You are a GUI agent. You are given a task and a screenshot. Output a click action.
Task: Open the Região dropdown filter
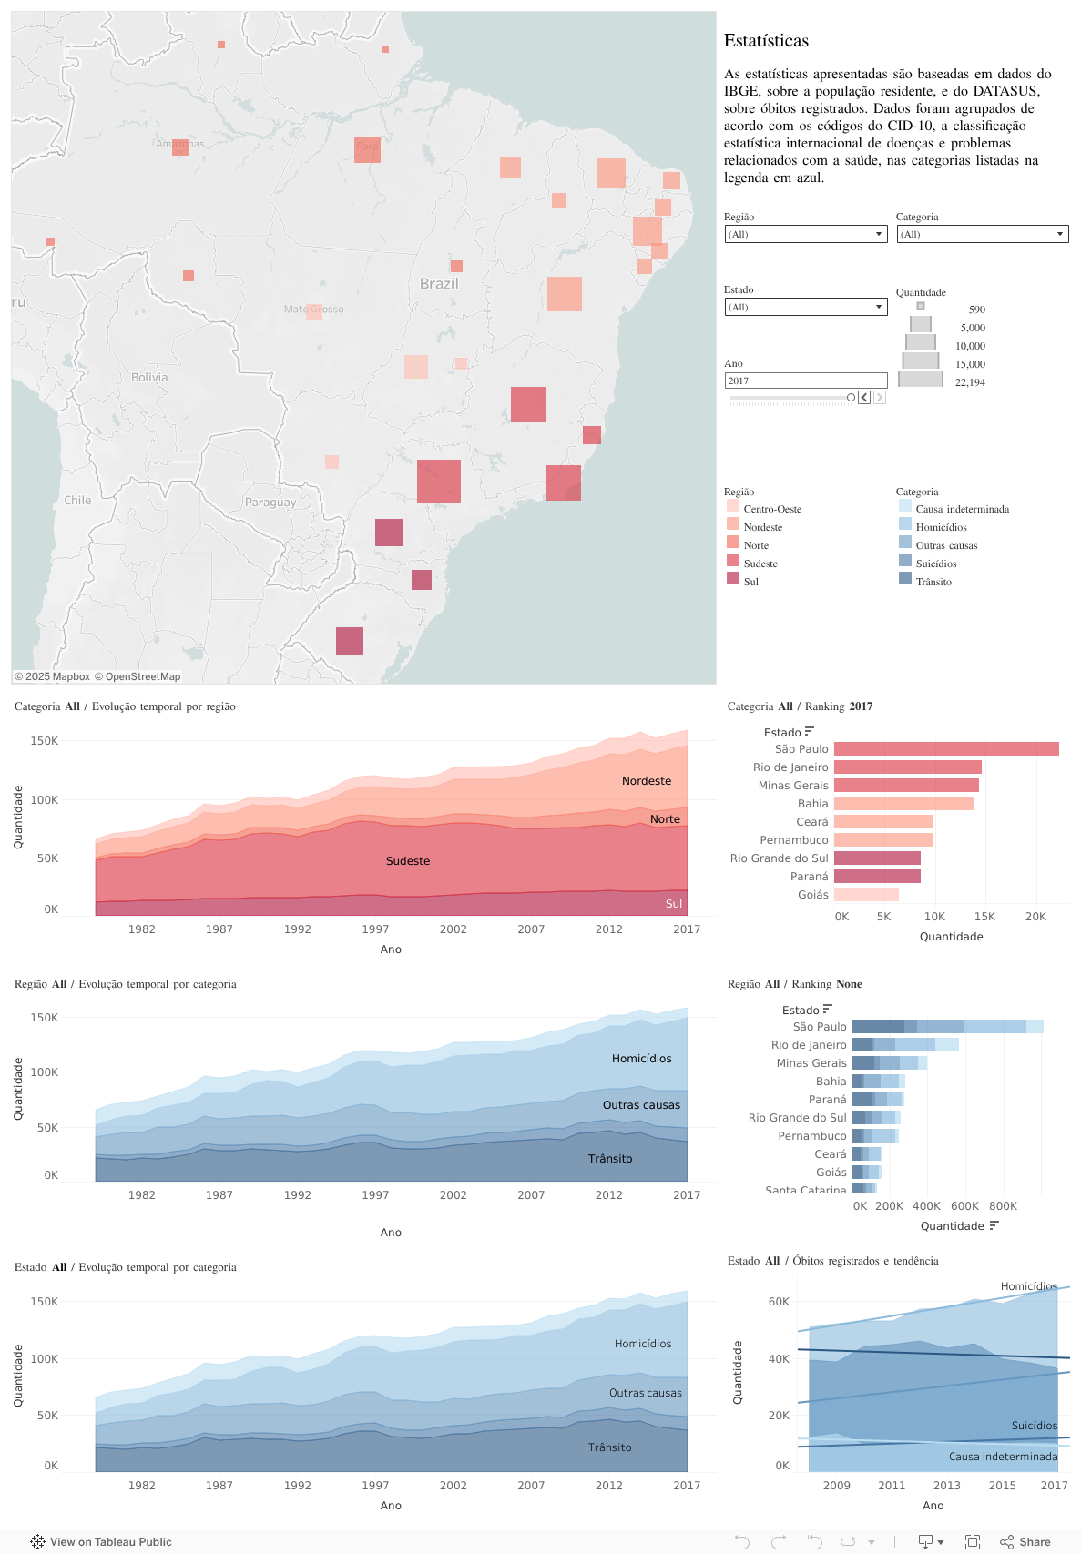click(x=805, y=234)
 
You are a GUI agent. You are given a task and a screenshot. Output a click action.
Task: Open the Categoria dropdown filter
click(x=982, y=234)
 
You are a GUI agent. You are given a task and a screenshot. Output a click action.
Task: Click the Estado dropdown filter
click(x=805, y=307)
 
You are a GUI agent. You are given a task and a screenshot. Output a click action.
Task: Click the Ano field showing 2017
click(x=805, y=381)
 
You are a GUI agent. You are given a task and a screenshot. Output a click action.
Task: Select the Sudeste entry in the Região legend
click(x=760, y=564)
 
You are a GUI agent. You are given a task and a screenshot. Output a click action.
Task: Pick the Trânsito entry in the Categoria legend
click(x=933, y=582)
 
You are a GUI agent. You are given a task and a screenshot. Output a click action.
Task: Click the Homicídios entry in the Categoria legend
click(x=941, y=527)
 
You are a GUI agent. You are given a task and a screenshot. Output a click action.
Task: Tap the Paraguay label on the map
click(x=270, y=503)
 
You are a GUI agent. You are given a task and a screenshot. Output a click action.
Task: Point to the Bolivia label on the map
click(x=149, y=377)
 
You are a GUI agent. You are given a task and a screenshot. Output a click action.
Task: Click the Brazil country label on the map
click(x=439, y=284)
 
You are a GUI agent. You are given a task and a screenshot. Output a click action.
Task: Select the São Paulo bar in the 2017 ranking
click(x=946, y=749)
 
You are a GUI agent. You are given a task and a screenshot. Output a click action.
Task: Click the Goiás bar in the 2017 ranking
click(x=866, y=895)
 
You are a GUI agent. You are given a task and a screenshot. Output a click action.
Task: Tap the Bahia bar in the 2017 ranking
click(x=903, y=804)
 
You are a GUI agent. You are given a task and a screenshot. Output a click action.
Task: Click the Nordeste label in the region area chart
click(x=647, y=781)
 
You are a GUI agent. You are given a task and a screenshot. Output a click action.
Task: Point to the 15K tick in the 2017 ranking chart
click(x=984, y=917)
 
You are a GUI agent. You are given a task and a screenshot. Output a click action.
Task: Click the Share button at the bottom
click(x=1025, y=1541)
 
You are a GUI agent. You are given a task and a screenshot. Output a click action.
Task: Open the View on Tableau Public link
click(x=101, y=1541)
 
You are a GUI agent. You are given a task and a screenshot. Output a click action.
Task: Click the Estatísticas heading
click(x=766, y=41)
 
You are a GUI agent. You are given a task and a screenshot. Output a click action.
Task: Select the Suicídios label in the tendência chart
click(x=1035, y=1426)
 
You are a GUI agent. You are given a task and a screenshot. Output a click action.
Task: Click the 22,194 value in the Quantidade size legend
click(x=970, y=382)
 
